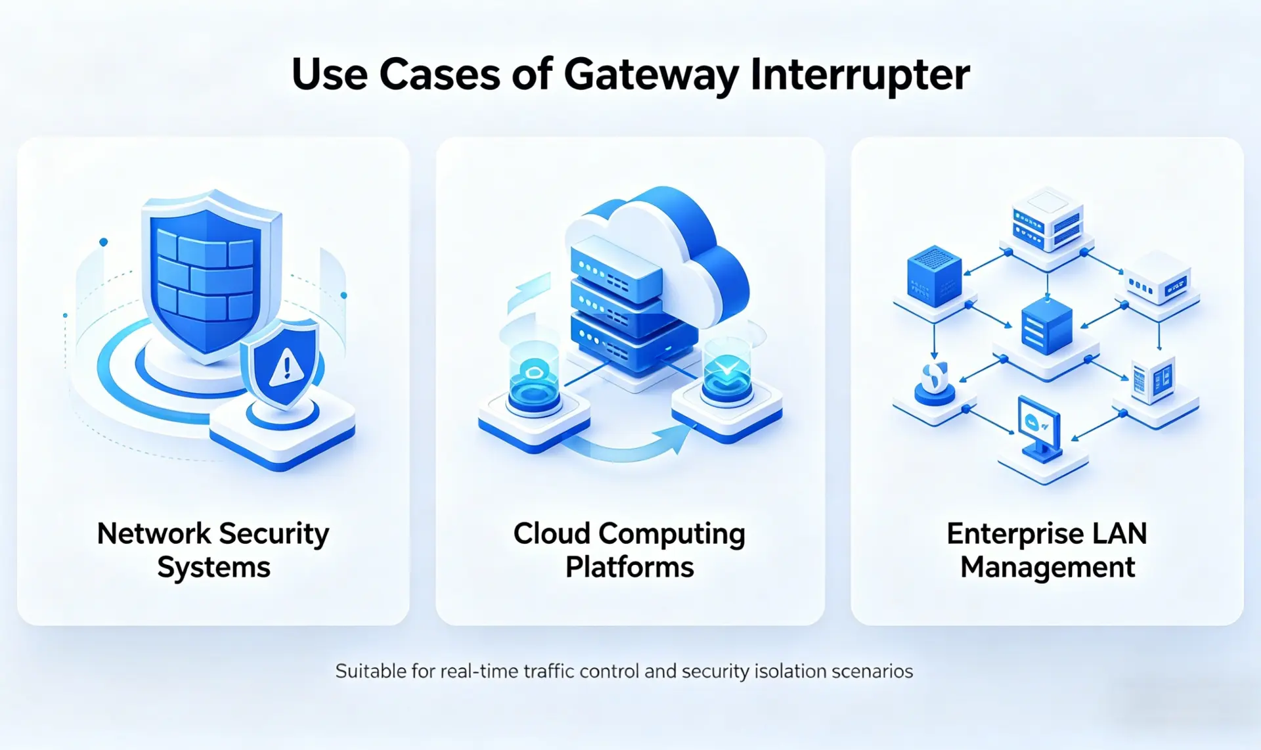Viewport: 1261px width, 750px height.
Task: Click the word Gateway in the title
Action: point(651,74)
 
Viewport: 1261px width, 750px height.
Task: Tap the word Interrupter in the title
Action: point(860,74)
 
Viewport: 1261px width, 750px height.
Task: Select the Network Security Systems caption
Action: point(213,550)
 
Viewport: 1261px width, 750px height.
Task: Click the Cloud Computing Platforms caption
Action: point(629,550)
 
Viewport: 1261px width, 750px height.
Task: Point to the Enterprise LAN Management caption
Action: point(1047,550)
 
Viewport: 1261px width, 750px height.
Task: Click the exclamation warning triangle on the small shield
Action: point(286,367)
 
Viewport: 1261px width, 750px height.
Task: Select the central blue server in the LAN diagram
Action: point(1047,326)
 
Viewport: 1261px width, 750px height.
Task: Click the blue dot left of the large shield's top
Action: point(103,242)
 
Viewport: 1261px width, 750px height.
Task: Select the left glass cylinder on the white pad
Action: point(534,378)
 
